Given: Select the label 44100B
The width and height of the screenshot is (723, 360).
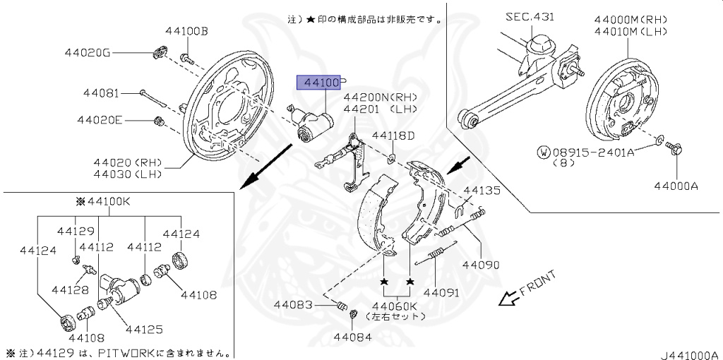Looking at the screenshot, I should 187,31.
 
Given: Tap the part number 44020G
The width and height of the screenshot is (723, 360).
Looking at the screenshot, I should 88,52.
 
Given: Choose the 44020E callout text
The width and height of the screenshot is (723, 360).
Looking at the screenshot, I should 100,120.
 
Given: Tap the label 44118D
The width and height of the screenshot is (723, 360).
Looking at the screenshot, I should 393,135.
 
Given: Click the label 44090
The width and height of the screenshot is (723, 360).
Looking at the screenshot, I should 481,265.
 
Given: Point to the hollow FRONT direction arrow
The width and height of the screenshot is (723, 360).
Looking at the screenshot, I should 506,299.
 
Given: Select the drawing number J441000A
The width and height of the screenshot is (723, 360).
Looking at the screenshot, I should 690,354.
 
